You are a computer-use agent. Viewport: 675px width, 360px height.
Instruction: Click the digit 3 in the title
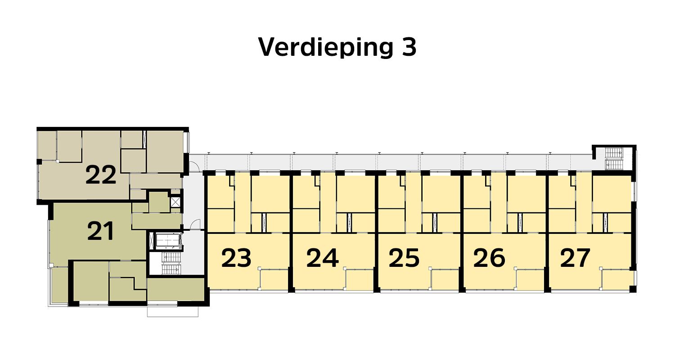(x=408, y=46)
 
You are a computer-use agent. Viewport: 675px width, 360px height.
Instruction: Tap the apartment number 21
(x=100, y=231)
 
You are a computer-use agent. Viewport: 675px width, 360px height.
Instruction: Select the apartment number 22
(x=101, y=175)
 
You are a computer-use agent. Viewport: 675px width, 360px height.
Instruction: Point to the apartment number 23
(x=236, y=258)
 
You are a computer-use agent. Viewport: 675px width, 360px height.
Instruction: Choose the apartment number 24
(x=322, y=258)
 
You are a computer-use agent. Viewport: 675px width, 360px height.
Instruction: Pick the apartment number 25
(x=404, y=258)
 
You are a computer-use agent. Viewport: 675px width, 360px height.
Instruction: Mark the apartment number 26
(x=489, y=258)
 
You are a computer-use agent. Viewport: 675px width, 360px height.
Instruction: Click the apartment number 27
(x=575, y=258)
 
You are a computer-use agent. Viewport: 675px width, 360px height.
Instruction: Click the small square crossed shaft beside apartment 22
(x=175, y=202)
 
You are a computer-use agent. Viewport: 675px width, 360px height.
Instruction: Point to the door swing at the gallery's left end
(x=195, y=167)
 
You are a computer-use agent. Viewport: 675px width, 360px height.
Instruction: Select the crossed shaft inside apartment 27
(x=606, y=221)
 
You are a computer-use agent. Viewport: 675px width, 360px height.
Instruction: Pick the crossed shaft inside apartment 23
(x=264, y=221)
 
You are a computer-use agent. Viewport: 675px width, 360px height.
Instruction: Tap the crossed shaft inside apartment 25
(x=435, y=221)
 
